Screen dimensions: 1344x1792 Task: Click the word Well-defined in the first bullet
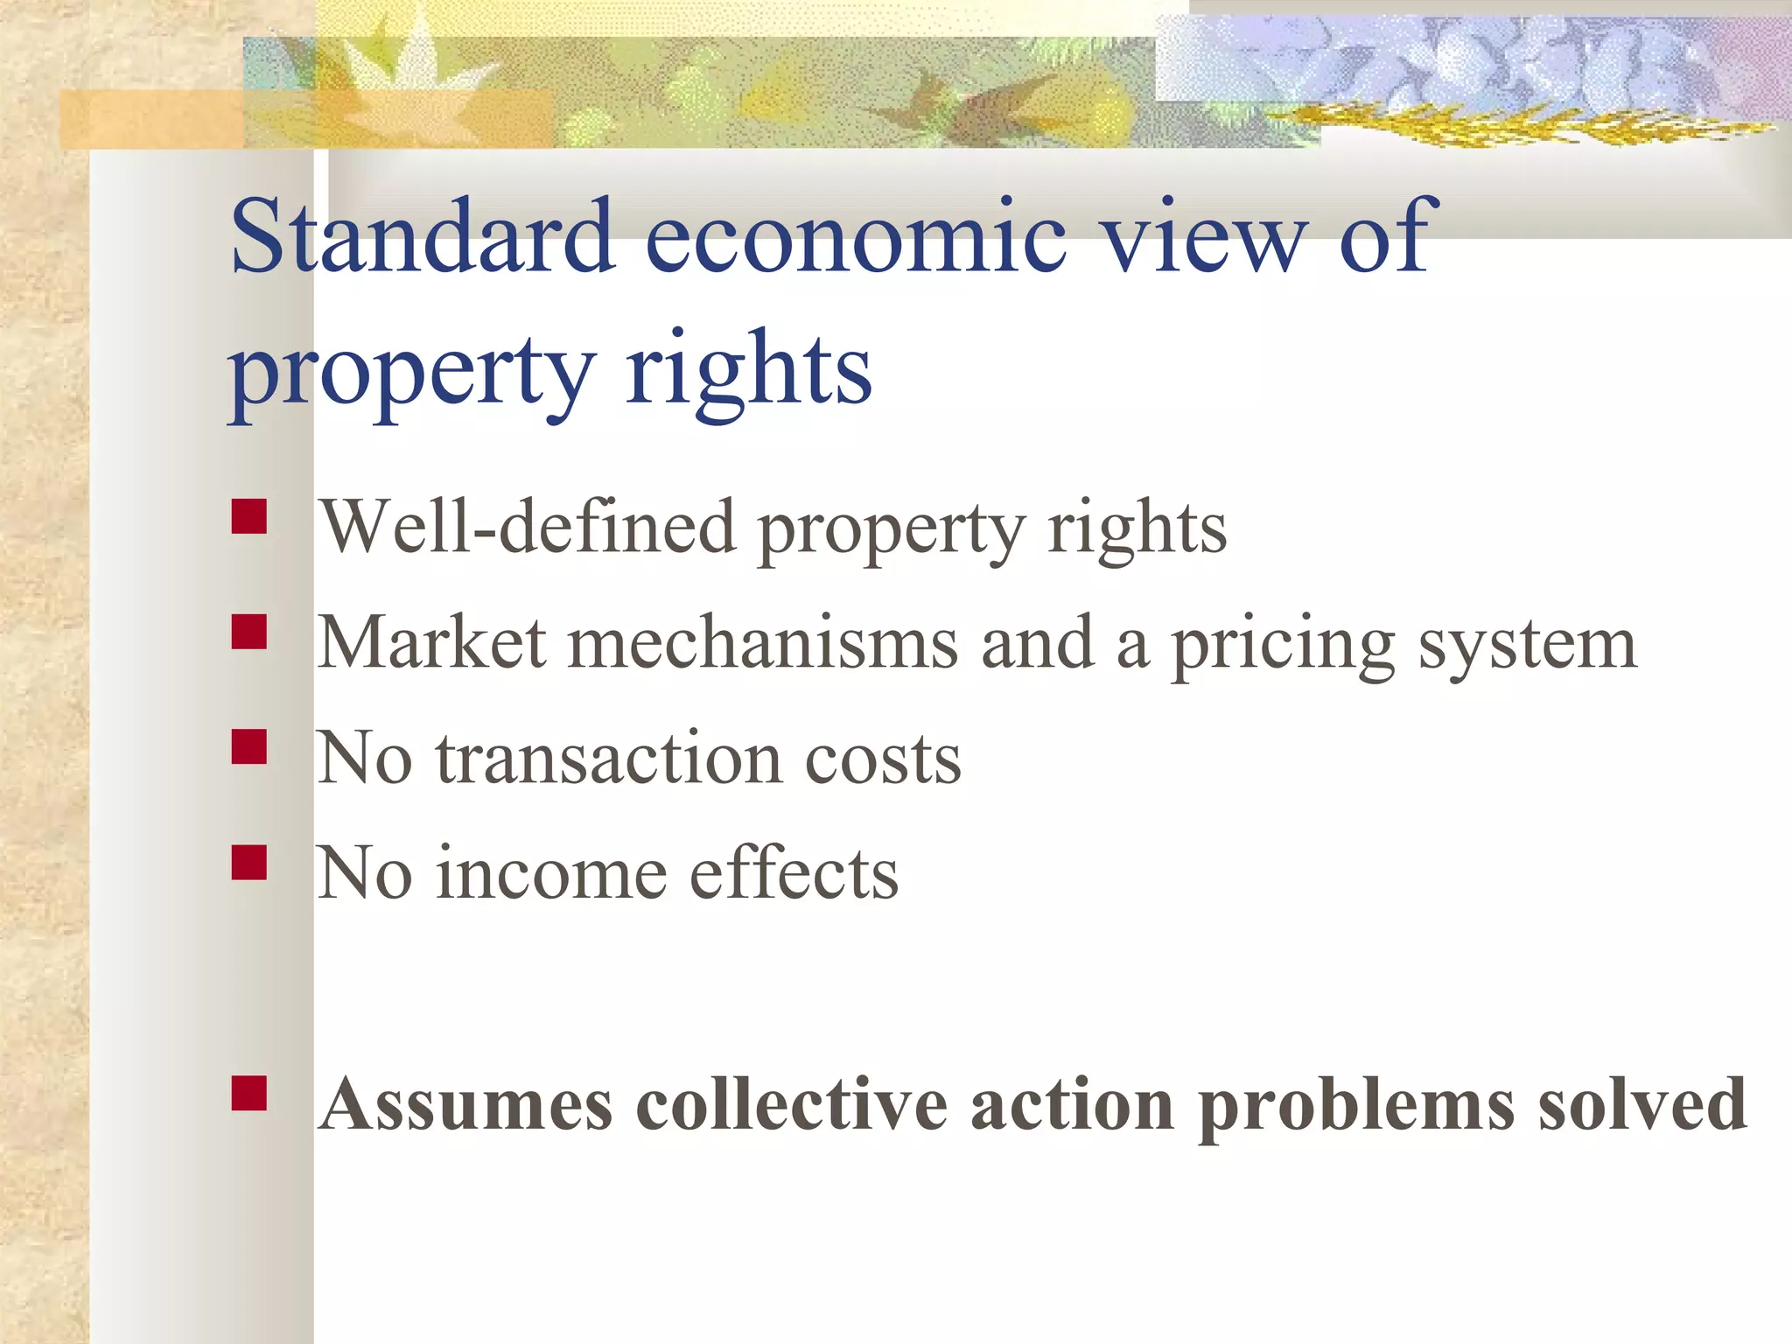click(527, 527)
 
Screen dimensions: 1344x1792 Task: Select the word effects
click(794, 873)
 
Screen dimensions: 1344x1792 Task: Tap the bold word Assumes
click(465, 1104)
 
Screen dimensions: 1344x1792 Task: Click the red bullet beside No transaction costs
click(249, 747)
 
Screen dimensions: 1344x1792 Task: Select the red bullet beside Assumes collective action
click(249, 1093)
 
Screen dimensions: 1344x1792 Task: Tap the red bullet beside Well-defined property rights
click(249, 516)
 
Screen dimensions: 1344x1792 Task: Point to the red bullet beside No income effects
click(249, 862)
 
